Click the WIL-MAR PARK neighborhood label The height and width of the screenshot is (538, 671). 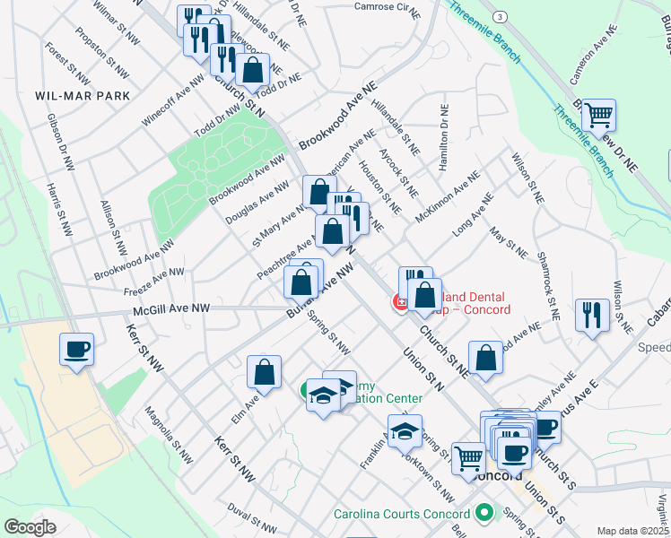click(x=83, y=95)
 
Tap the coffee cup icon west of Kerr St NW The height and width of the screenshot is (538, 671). click(x=76, y=349)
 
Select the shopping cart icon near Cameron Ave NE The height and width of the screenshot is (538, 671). click(x=598, y=115)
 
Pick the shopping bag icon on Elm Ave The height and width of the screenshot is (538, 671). click(x=265, y=371)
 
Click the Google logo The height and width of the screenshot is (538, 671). click(x=30, y=526)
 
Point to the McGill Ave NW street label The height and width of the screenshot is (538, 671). click(x=171, y=308)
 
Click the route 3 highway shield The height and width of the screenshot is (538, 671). click(x=499, y=17)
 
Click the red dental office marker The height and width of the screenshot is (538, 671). click(x=399, y=304)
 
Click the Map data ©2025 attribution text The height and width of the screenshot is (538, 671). click(x=632, y=530)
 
